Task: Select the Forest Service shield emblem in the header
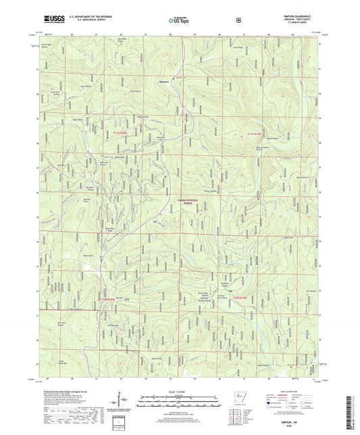[x=238, y=20]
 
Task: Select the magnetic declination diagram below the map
[x=128, y=404]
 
